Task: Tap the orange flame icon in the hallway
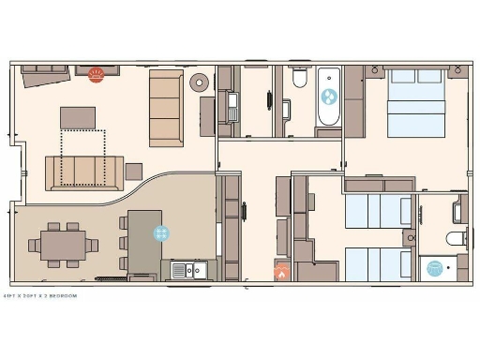281,273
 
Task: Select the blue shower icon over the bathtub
329,96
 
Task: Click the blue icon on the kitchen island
160,234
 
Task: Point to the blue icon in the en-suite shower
435,268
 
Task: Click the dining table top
63,246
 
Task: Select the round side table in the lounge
199,82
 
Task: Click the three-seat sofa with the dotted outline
85,172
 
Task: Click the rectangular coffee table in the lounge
79,117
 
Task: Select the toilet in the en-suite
457,235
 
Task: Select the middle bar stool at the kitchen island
123,241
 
